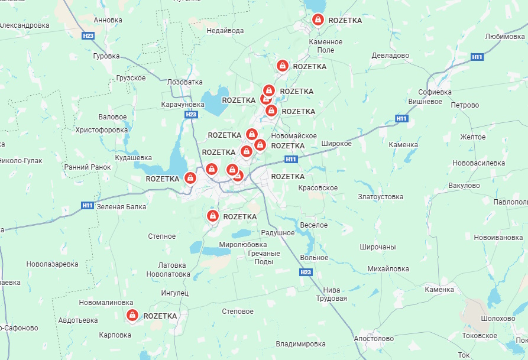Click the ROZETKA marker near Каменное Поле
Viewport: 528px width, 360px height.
(x=318, y=20)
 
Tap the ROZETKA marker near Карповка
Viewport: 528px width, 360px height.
(x=132, y=316)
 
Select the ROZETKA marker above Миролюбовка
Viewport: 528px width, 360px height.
(x=212, y=216)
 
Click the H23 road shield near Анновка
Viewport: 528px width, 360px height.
(x=88, y=36)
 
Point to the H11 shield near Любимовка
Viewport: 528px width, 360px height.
(x=478, y=57)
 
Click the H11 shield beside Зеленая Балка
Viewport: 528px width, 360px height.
(x=88, y=206)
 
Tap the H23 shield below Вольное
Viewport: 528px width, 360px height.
(x=305, y=272)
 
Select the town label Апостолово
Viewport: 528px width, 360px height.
(x=373, y=339)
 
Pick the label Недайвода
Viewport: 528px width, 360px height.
(x=225, y=31)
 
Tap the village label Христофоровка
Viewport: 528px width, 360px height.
(x=102, y=130)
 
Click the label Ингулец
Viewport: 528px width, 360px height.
(x=174, y=293)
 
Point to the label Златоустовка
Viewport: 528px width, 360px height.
(x=381, y=197)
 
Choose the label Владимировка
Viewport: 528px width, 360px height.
(x=300, y=344)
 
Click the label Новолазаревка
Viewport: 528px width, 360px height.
(x=53, y=264)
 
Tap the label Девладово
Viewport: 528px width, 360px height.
(x=390, y=56)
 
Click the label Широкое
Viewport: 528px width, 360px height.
(x=336, y=144)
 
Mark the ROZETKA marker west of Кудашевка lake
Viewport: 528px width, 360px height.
(x=190, y=177)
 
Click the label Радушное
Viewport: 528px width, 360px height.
(x=277, y=233)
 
